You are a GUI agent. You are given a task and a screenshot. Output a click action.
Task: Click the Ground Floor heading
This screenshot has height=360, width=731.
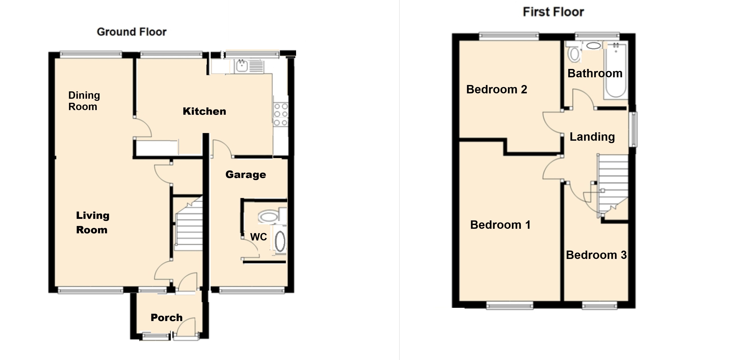pos(132,32)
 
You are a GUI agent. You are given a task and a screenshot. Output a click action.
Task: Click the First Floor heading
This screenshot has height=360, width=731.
pos(553,12)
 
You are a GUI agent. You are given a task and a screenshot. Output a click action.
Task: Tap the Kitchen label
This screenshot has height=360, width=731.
pos(204,111)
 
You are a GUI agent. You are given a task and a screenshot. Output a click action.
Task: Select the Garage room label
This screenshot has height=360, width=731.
pos(246,174)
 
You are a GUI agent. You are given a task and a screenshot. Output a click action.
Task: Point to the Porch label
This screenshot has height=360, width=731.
pos(167,318)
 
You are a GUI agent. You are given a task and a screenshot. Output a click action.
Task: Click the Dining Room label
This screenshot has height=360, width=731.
pos(84,101)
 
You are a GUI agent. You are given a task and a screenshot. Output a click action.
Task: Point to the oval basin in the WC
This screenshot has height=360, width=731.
pos(280,241)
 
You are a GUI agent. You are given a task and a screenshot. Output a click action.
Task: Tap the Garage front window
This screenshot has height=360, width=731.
pos(251,290)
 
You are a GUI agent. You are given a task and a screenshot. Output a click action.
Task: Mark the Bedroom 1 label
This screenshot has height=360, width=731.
pos(500,225)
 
